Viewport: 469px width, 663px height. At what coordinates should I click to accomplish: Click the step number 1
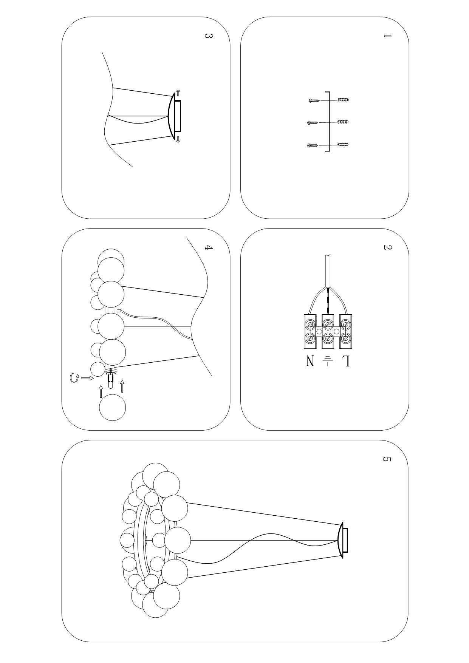click(x=387, y=36)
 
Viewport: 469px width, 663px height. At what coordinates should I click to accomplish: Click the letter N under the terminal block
click(x=310, y=362)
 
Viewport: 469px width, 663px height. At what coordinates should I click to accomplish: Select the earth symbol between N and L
click(x=328, y=361)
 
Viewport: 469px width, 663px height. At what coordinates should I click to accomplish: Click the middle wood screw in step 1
click(x=313, y=122)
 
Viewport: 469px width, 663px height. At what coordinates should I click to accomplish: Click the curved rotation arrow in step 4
click(x=74, y=377)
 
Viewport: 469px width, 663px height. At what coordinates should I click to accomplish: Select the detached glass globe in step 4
click(x=112, y=408)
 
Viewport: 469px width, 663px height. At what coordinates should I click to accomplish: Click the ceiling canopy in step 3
click(x=174, y=116)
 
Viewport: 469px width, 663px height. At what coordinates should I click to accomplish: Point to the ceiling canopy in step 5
click(x=342, y=540)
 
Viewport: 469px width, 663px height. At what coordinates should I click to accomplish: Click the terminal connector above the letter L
click(x=345, y=331)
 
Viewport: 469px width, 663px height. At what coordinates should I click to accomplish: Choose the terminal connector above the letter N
click(x=310, y=331)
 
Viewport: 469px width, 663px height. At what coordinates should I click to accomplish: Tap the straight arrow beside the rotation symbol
click(x=87, y=378)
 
